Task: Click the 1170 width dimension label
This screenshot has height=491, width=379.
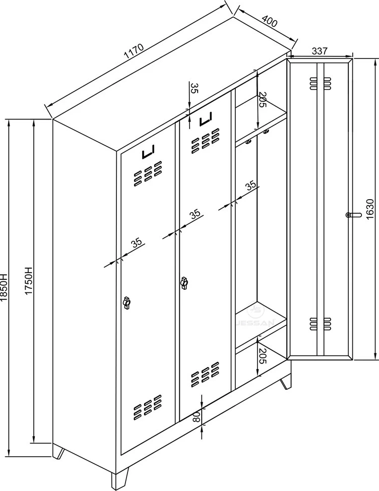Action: click(134, 51)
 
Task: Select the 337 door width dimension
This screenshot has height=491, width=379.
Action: click(320, 51)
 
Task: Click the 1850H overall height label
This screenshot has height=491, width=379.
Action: click(4, 287)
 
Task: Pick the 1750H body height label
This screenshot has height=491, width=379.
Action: click(29, 281)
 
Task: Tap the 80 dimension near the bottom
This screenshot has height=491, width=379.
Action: click(196, 417)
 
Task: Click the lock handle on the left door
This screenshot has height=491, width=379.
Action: click(127, 302)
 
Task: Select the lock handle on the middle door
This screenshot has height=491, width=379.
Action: click(184, 283)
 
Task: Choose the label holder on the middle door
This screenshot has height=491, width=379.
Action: click(205, 119)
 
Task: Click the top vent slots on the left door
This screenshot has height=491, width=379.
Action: click(148, 174)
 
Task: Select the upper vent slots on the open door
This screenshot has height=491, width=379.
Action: click(321, 83)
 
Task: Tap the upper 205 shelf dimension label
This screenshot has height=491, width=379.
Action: click(262, 100)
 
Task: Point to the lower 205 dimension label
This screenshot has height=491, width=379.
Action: click(262, 356)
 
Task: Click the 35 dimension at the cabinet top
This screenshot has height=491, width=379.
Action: click(195, 88)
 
